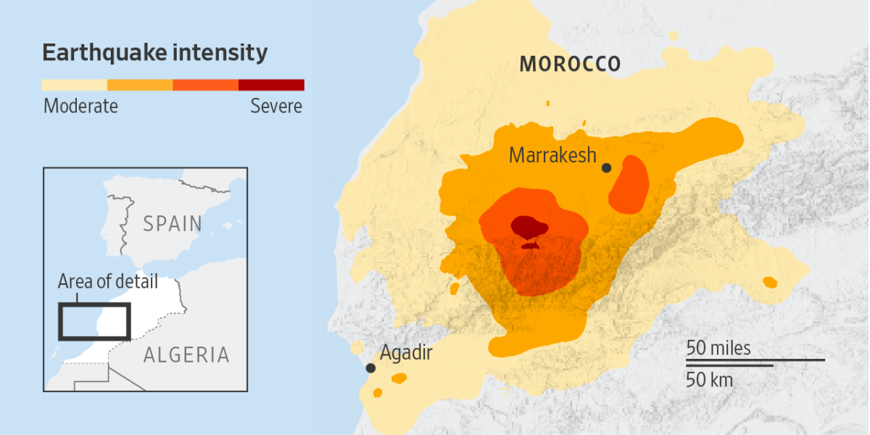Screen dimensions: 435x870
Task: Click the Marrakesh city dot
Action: pos(607,168)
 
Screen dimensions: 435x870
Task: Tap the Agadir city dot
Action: pos(370,368)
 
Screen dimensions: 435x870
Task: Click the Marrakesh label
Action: pos(552,154)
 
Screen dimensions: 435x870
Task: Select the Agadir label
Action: pos(406,353)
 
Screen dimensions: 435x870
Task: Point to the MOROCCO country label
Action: pos(570,64)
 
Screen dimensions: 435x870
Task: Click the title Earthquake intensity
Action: pos(155,53)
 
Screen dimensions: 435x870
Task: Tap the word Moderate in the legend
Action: pos(80,106)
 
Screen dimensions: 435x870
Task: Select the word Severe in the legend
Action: pos(276,106)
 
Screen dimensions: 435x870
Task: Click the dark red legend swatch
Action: pos(271,85)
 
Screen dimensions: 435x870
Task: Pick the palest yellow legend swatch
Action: pos(75,85)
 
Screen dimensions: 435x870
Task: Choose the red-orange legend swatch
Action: pos(206,85)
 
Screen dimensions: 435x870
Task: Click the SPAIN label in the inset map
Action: pos(173,223)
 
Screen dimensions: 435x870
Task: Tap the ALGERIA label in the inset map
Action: pos(186,355)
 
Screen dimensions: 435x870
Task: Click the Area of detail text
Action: pos(107,281)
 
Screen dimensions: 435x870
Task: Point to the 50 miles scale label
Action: pos(718,349)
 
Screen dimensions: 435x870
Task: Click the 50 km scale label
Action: pos(710,379)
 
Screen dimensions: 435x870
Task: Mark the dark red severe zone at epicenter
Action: pos(530,227)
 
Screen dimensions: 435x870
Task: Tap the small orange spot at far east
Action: pos(769,282)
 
